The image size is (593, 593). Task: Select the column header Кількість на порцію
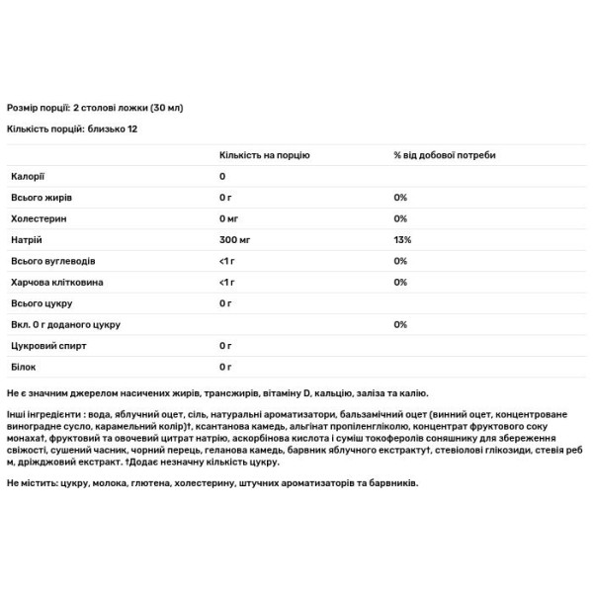coord(265,155)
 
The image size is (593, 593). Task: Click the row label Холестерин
coord(35,218)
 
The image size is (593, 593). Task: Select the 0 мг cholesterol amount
coord(230,218)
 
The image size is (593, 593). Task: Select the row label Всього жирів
coord(39,198)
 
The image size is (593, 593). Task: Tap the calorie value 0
coord(222,176)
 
